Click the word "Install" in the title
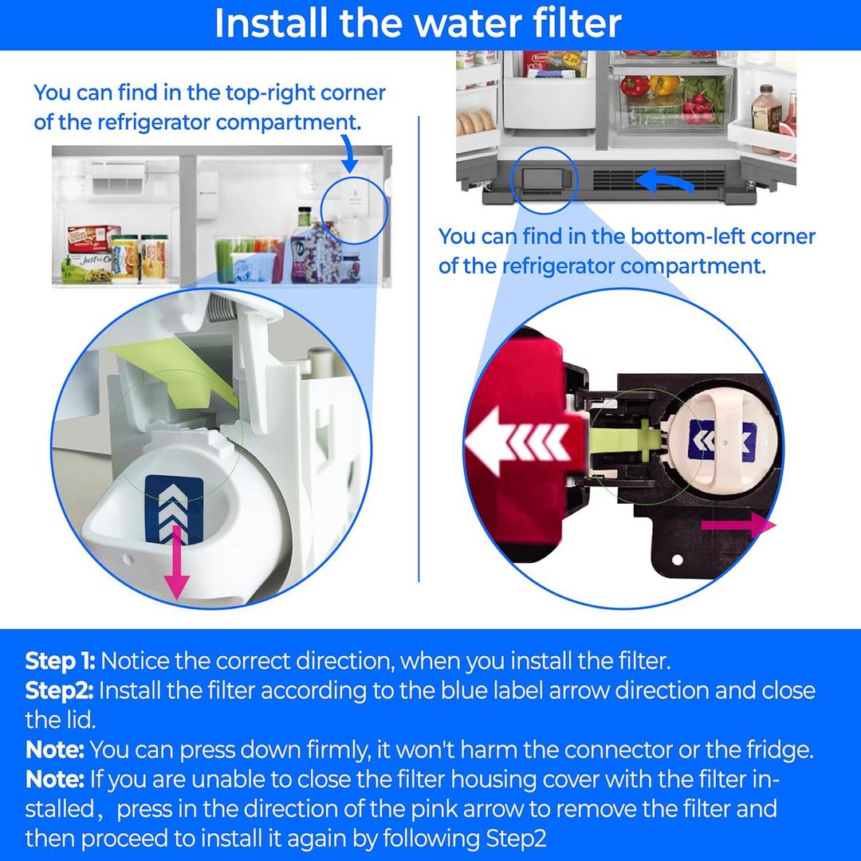pos(271,23)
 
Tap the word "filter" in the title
pos(568,23)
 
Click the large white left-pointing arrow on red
pos(518,441)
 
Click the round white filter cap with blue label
pos(711,438)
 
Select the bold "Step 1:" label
pos(61,661)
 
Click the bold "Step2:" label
pos(60,690)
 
